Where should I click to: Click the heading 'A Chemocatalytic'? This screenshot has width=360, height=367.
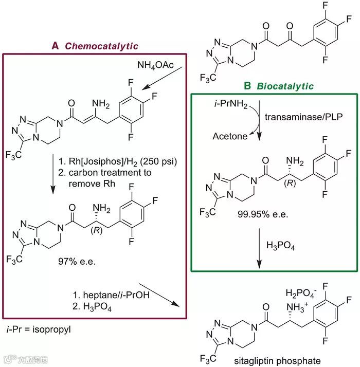coord(95,46)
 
